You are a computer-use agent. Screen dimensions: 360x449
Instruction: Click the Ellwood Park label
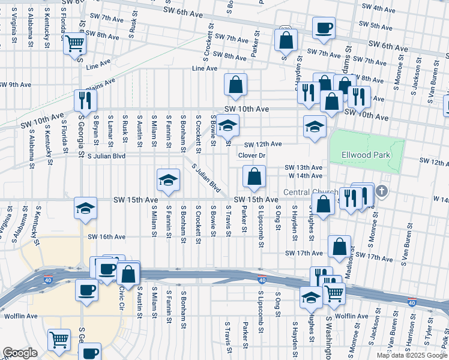366,155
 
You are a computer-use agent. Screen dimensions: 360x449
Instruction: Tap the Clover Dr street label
252,155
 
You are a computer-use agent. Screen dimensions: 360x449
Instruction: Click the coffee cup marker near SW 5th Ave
324,28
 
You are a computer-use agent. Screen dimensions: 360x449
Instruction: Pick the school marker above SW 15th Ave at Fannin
168,180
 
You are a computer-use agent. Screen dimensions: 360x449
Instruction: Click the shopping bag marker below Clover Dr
254,176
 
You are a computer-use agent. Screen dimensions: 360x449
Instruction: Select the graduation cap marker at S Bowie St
228,126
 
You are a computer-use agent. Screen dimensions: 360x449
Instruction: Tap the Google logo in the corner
20,353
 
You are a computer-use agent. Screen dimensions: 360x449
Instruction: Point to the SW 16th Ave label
107,237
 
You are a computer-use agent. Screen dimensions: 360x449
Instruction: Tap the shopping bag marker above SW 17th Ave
340,246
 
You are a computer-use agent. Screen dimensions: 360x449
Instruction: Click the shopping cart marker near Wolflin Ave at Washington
334,293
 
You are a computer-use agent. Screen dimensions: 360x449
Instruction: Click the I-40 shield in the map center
262,280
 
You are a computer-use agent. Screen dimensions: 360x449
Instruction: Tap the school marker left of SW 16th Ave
85,208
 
